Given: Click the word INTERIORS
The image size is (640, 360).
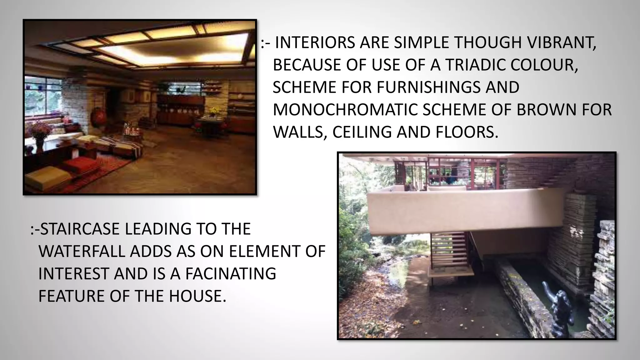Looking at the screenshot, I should click(315, 43).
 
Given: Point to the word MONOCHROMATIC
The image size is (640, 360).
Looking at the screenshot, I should click(345, 110).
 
